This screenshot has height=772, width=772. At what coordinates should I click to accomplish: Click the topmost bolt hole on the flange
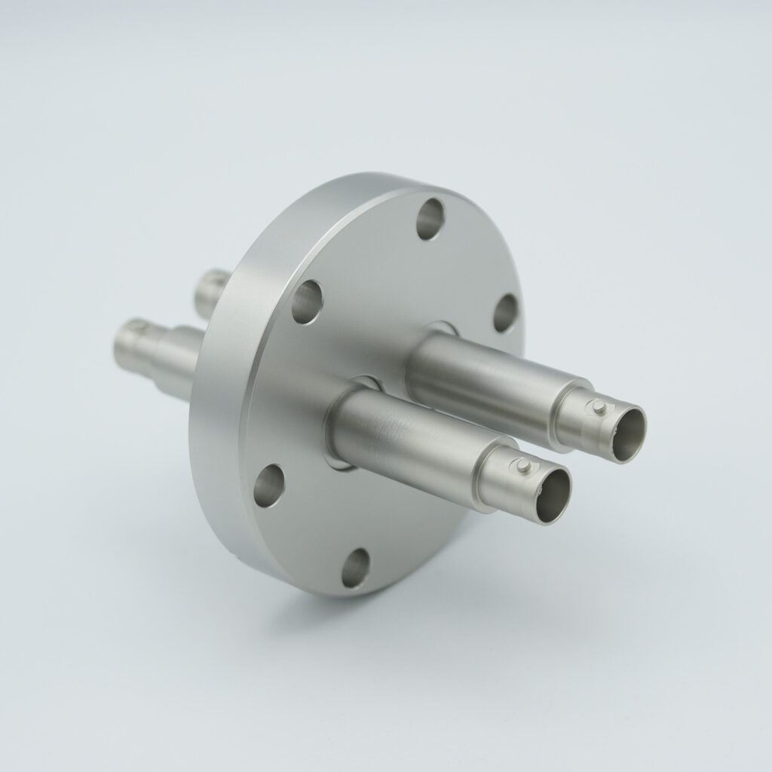point(430,219)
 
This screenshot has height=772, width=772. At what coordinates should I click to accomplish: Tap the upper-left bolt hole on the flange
point(307,301)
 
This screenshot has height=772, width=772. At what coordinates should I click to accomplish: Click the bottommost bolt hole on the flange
point(356,567)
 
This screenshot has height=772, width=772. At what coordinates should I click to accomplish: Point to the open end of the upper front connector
point(627,433)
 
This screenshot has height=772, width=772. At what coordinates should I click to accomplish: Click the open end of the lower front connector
point(552,495)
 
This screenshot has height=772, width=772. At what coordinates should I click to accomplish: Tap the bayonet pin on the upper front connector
point(598,409)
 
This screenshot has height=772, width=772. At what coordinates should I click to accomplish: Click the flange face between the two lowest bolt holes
point(309,528)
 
